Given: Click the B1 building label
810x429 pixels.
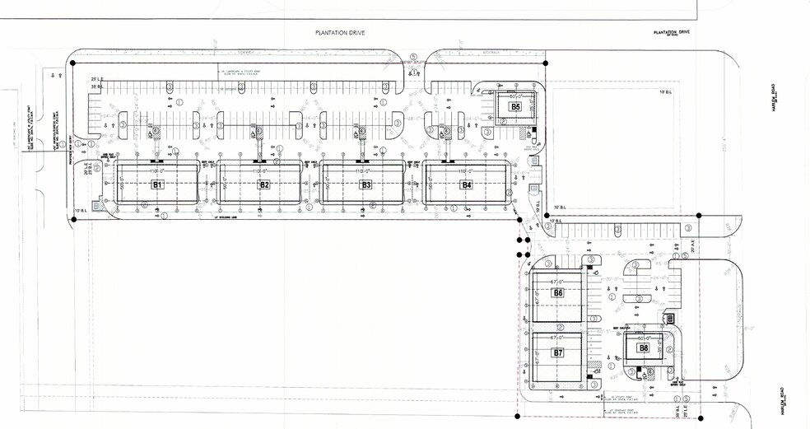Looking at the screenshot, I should (x=158, y=185).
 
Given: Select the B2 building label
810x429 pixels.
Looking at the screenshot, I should (x=264, y=185).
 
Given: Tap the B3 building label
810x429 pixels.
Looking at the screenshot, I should (x=366, y=185).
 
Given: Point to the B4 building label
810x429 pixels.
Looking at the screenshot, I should (x=467, y=185).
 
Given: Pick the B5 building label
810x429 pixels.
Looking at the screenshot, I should (x=515, y=106).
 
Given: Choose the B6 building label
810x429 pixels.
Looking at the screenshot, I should (x=558, y=293).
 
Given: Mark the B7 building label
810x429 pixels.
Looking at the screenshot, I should (x=558, y=352).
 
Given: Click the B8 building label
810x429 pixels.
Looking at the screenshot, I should (x=644, y=348).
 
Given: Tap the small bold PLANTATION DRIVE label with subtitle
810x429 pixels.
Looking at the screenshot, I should (x=672, y=32).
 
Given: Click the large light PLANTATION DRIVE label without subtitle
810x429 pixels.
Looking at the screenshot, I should (x=340, y=33).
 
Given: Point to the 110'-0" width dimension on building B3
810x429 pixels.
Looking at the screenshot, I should (x=366, y=171).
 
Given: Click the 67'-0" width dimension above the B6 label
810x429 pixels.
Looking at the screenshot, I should (x=558, y=280).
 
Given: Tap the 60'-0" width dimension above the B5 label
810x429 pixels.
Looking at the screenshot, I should (x=515, y=96).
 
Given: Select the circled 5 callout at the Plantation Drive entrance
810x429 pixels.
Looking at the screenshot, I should (x=416, y=57).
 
